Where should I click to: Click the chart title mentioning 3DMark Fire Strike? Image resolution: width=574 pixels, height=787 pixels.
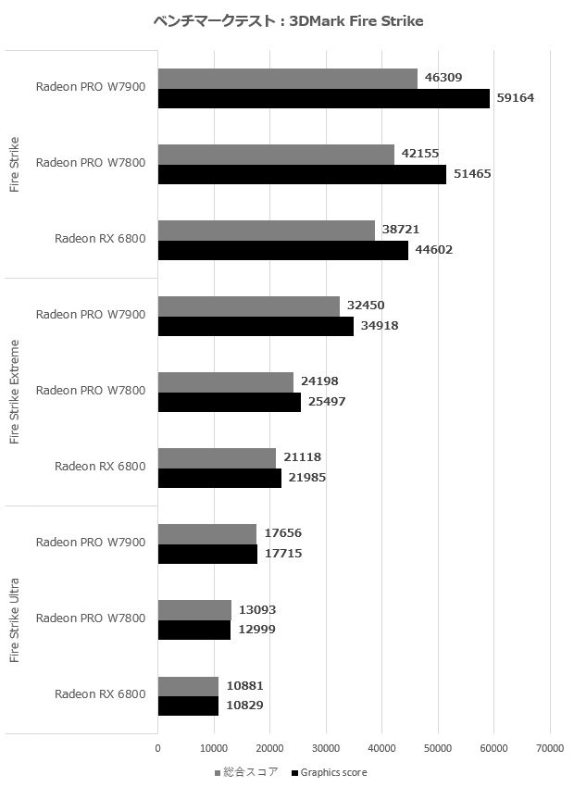click(287, 21)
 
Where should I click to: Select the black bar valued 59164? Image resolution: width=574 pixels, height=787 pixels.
click(324, 98)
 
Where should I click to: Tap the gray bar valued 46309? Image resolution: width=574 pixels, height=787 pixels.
click(288, 79)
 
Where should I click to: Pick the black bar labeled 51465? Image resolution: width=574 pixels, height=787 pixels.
click(302, 174)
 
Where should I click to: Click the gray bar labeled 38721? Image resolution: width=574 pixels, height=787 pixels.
click(267, 231)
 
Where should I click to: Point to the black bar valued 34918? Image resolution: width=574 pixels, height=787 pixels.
click(256, 326)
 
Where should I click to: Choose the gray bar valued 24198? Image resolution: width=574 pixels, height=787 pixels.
click(226, 381)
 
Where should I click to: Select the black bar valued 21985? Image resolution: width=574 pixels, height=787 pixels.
click(219, 478)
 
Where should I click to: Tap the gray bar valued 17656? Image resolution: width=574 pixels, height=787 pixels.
click(207, 533)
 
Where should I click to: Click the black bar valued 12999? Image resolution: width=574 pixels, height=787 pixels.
click(194, 630)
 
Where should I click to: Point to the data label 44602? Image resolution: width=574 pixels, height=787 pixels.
click(434, 249)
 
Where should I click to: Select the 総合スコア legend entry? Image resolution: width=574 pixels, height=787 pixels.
click(245, 771)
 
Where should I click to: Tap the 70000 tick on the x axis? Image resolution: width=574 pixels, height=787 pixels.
click(550, 748)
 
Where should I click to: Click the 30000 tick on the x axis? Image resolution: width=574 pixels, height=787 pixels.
click(326, 748)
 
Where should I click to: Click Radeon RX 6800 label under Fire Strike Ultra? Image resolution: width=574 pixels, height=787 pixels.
click(100, 694)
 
